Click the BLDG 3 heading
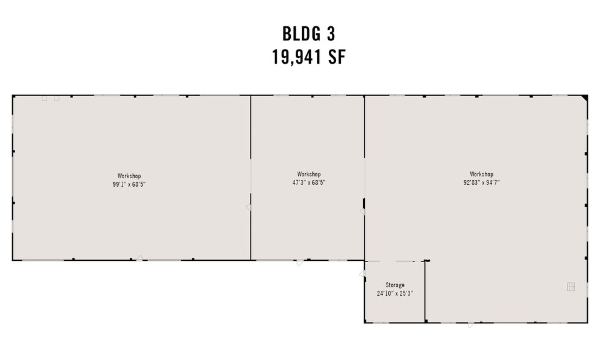coord(309,34)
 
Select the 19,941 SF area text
coord(309,57)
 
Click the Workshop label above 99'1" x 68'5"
coord(129,176)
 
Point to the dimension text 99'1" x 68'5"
coord(129,184)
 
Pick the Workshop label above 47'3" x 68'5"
coord(309,174)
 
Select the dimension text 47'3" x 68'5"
coord(309,182)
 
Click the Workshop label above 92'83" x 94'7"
coord(481,174)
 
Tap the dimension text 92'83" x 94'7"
coord(481,182)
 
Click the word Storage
coord(395,285)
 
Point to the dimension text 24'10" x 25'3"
coord(395,293)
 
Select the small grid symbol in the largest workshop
coord(571,287)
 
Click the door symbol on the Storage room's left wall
coord(362,274)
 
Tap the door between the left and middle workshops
coord(249,208)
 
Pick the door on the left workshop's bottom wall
coord(140,258)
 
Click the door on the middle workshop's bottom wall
coord(299,263)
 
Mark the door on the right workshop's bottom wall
coord(470,324)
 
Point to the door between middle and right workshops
coord(362,212)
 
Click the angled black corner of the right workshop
coord(584,98)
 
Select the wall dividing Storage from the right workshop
coord(425,291)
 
